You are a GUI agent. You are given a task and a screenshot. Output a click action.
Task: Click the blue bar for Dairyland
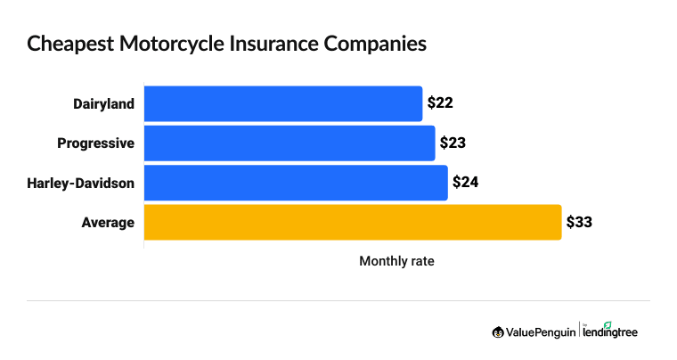pos(282,103)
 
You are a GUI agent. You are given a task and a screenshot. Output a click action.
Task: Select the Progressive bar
pos(289,143)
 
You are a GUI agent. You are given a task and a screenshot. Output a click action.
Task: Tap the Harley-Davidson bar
pos(295,183)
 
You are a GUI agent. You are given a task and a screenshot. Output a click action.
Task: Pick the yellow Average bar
pos(352,222)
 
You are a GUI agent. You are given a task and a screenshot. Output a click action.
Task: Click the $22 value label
pos(441,103)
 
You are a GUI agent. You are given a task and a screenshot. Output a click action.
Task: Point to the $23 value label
pos(453,143)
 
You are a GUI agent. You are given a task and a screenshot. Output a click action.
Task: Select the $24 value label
pos(466,183)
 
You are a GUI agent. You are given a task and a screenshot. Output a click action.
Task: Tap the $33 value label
pos(580,222)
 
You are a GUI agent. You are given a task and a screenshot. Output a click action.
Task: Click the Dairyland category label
pos(103,104)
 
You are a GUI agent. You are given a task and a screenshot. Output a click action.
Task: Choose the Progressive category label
pos(95,143)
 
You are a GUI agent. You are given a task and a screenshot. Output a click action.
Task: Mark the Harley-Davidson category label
pos(81,184)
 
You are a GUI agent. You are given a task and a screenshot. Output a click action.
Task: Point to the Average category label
pos(109,223)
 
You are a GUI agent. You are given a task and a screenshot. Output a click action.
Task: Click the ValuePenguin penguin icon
pos(498,332)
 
